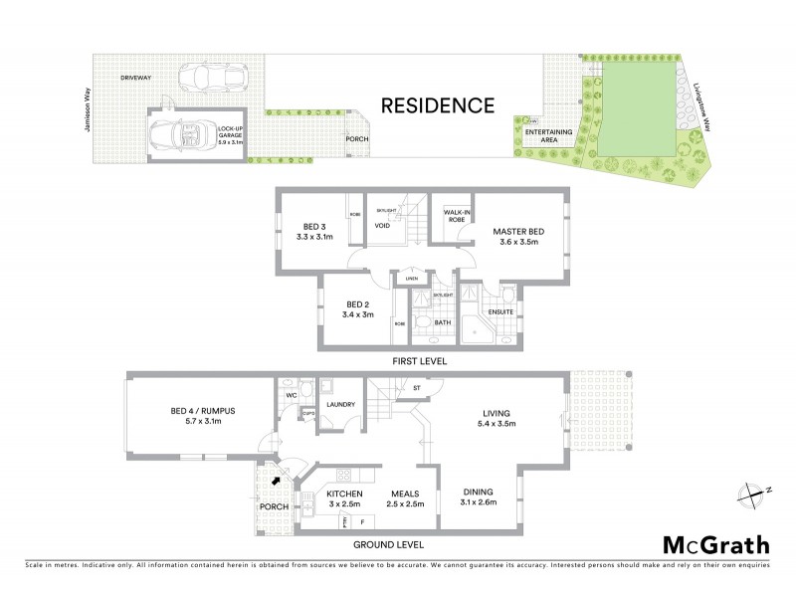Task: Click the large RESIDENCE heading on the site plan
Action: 439,103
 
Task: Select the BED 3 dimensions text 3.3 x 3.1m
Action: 314,239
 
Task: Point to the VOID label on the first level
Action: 381,225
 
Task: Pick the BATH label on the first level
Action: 443,322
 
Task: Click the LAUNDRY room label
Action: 341,404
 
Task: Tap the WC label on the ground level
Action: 293,395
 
